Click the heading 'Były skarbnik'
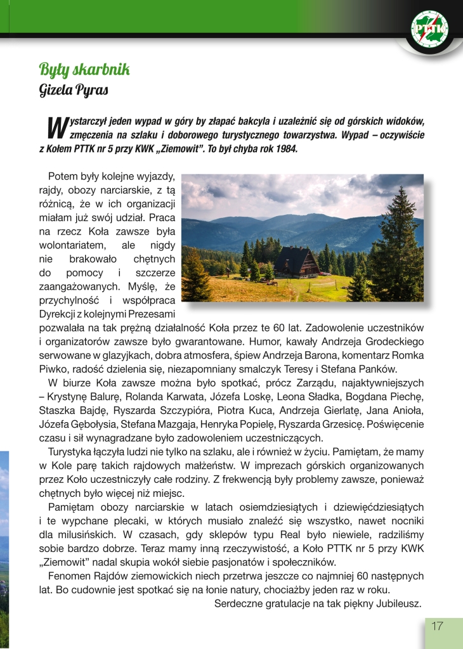point(84,69)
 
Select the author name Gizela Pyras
point(74,89)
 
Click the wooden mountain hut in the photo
point(296,262)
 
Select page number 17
point(437,626)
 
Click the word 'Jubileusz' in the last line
point(401,603)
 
